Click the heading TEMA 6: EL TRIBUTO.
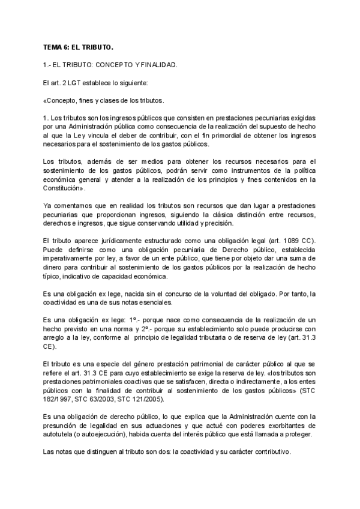coord(78,46)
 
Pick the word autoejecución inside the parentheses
coord(110,435)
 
